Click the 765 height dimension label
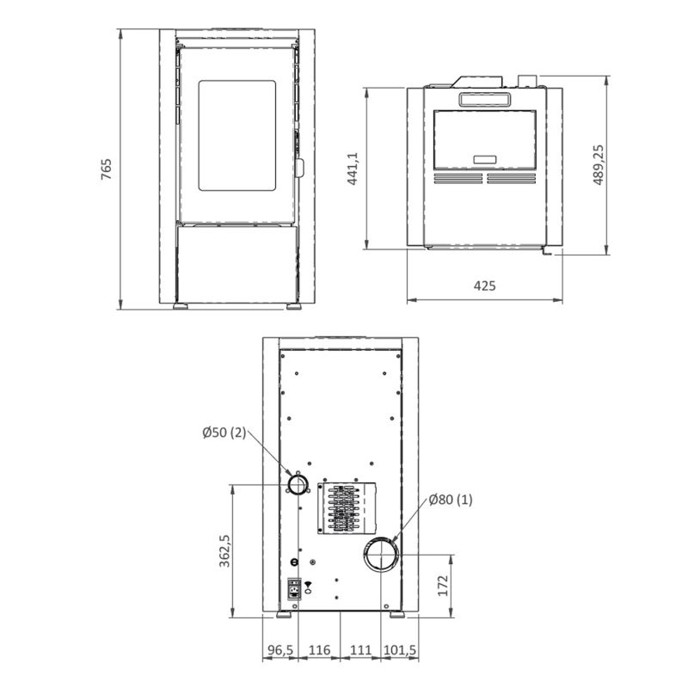(106, 169)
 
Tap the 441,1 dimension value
(353, 169)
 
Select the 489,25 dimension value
(598, 165)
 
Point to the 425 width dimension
(484, 286)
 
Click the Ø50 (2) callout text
(224, 433)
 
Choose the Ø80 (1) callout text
(451, 500)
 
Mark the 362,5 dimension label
(224, 550)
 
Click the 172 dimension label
(443, 586)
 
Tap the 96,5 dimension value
(280, 650)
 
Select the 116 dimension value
(319, 650)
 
